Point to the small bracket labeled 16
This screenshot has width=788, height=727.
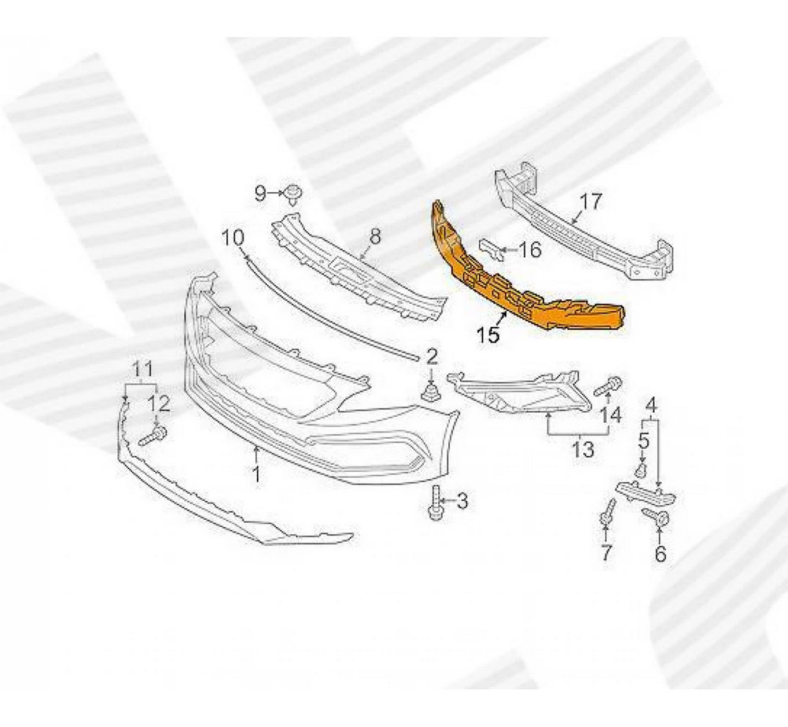pyautogui.click(x=490, y=250)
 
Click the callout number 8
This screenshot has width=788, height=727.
pyautogui.click(x=374, y=236)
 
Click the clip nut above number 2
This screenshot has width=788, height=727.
pyautogui.click(x=432, y=391)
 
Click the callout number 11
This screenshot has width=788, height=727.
pyautogui.click(x=141, y=368)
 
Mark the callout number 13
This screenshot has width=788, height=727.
pyautogui.click(x=582, y=450)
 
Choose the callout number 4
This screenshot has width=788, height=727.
pyautogui.click(x=652, y=406)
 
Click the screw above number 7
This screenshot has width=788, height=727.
pyautogui.click(x=608, y=514)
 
